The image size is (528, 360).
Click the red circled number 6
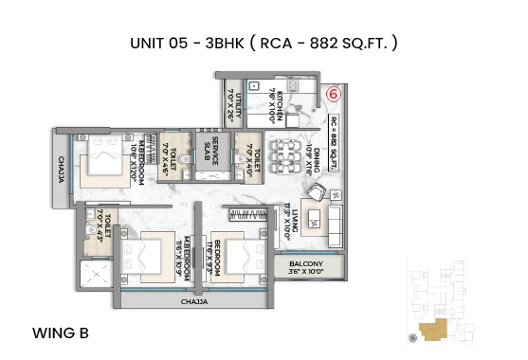pos(334,94)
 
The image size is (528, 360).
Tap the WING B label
pos(61,333)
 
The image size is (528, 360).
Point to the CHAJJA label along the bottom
pos(193,302)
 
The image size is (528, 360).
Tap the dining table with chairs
pos(286,155)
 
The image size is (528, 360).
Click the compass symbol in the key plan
pos(410,336)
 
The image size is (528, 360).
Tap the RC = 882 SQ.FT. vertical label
pos(334,139)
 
